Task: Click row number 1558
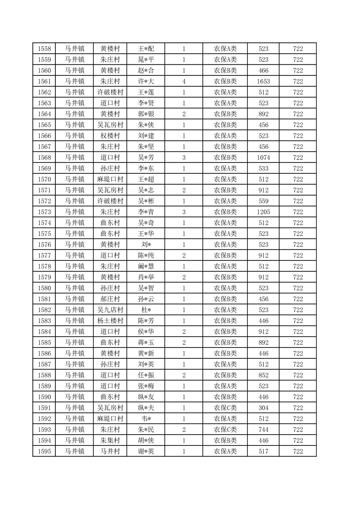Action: click(x=44, y=49)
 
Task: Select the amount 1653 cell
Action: click(x=263, y=81)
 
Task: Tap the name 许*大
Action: click(x=146, y=81)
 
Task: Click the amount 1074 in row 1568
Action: click(x=263, y=157)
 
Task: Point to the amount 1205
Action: click(x=263, y=212)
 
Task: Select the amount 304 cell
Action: click(x=263, y=408)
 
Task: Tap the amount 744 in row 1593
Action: click(x=263, y=430)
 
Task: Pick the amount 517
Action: click(x=263, y=451)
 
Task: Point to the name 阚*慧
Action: click(x=146, y=266)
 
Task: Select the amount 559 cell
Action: click(x=263, y=201)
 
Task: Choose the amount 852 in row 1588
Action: click(x=263, y=375)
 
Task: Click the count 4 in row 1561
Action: click(x=184, y=81)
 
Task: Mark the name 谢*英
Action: click(x=146, y=451)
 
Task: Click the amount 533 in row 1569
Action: click(x=263, y=168)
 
